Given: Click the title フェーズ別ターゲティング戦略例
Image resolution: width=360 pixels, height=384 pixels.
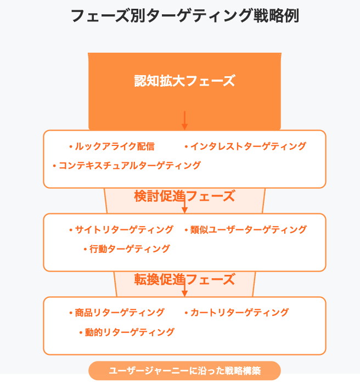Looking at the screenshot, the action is (x=184, y=16).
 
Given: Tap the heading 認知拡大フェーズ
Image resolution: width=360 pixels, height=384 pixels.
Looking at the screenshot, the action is (x=184, y=81).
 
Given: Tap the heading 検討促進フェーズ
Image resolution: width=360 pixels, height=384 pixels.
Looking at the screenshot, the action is (x=184, y=196).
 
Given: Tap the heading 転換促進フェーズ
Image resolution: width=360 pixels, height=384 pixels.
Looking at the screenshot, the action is (x=184, y=279).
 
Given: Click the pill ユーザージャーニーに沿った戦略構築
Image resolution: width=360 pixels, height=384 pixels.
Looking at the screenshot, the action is (x=184, y=370).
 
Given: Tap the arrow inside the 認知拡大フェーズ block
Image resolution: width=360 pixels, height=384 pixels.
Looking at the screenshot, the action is (x=184, y=121).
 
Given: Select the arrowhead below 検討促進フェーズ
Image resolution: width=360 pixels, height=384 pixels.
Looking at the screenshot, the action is (x=184, y=210).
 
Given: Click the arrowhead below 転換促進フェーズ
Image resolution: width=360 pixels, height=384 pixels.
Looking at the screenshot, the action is (x=184, y=293).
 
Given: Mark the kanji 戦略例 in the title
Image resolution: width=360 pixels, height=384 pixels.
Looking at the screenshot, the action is (x=276, y=16).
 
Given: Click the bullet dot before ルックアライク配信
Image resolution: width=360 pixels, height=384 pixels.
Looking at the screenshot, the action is (x=71, y=147).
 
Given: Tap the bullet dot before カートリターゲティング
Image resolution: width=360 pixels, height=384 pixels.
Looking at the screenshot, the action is (x=186, y=313).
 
